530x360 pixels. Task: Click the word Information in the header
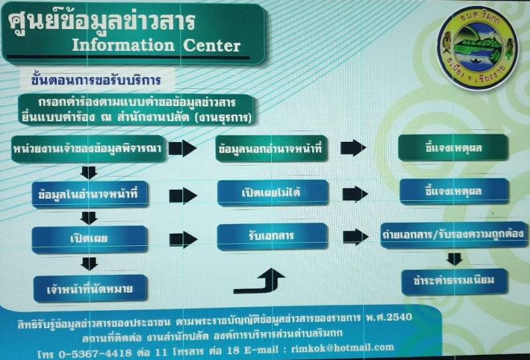(x=123, y=46)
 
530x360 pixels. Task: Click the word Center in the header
(x=211, y=46)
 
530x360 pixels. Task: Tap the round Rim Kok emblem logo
(x=477, y=48)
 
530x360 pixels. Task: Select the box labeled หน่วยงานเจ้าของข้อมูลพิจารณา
(x=88, y=149)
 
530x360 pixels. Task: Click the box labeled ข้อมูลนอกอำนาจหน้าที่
(x=272, y=149)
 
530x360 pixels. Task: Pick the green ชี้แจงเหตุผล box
(x=453, y=148)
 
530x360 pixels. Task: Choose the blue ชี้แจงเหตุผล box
(x=454, y=192)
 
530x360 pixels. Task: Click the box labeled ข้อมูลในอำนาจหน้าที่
(x=90, y=194)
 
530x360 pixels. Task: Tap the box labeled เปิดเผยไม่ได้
(x=273, y=193)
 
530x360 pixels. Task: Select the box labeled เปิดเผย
(x=89, y=239)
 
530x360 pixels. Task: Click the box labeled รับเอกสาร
(x=272, y=237)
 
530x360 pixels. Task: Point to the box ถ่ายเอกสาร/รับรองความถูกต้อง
(x=454, y=235)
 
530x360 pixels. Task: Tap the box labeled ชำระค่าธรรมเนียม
(x=454, y=282)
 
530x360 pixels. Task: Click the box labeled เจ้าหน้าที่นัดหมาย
(x=90, y=288)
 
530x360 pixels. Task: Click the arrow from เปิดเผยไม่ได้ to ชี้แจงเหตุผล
(x=355, y=194)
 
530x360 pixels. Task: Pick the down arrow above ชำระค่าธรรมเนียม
(x=454, y=259)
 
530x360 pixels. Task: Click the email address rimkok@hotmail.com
(x=343, y=348)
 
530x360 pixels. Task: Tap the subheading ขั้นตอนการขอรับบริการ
(x=95, y=80)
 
